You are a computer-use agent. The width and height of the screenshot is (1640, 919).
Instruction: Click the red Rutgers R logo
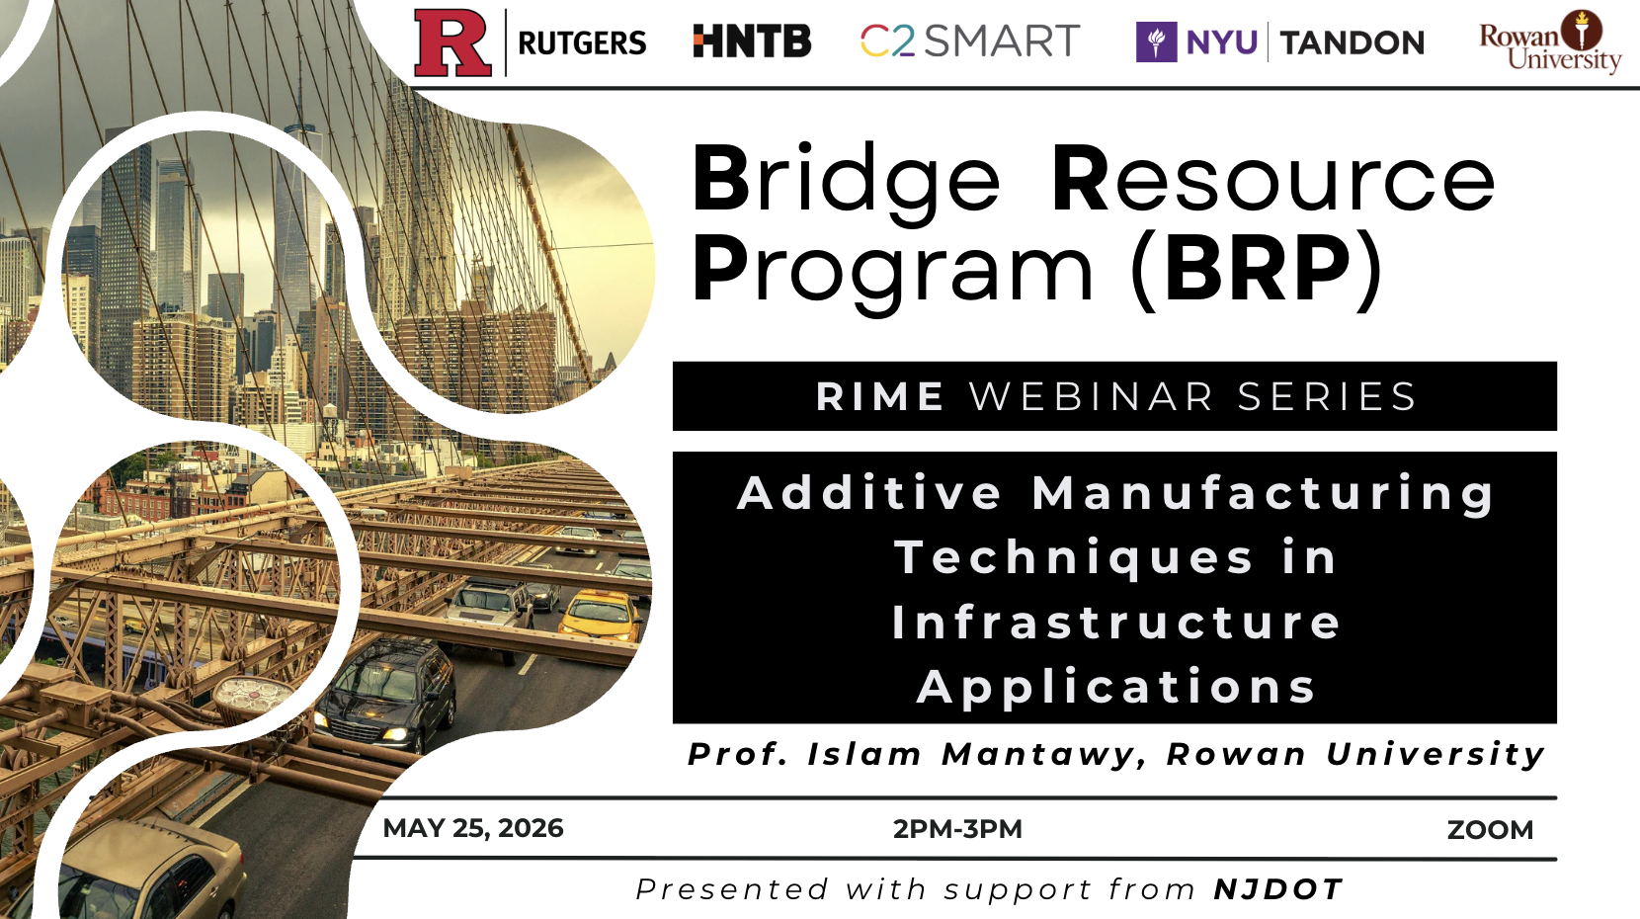[x=452, y=43]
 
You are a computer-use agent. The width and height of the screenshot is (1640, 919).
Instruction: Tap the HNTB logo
[x=752, y=41]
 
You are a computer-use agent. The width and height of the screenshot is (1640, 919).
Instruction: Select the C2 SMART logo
[x=970, y=41]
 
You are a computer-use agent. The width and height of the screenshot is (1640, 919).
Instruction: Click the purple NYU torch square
[x=1156, y=42]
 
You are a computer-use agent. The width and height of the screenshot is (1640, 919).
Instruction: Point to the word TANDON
[x=1353, y=42]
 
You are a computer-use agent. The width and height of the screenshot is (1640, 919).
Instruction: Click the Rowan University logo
[x=1550, y=42]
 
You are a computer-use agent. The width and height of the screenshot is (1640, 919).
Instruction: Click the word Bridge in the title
[x=847, y=181]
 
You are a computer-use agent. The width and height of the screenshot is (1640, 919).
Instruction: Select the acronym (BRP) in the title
[x=1256, y=270]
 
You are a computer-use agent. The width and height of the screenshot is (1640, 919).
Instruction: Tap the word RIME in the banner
[x=879, y=397]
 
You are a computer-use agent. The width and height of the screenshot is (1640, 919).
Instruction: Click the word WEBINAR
[x=1092, y=397]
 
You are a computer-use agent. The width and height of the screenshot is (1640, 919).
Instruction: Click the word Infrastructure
[x=1115, y=623]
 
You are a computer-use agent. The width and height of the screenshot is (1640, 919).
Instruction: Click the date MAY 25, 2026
[x=473, y=828]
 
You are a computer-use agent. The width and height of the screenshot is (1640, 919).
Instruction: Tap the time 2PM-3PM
[x=957, y=829]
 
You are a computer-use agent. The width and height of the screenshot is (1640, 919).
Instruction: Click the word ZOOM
[x=1490, y=830]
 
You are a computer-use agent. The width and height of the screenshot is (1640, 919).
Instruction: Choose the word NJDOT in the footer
[x=1278, y=889]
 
